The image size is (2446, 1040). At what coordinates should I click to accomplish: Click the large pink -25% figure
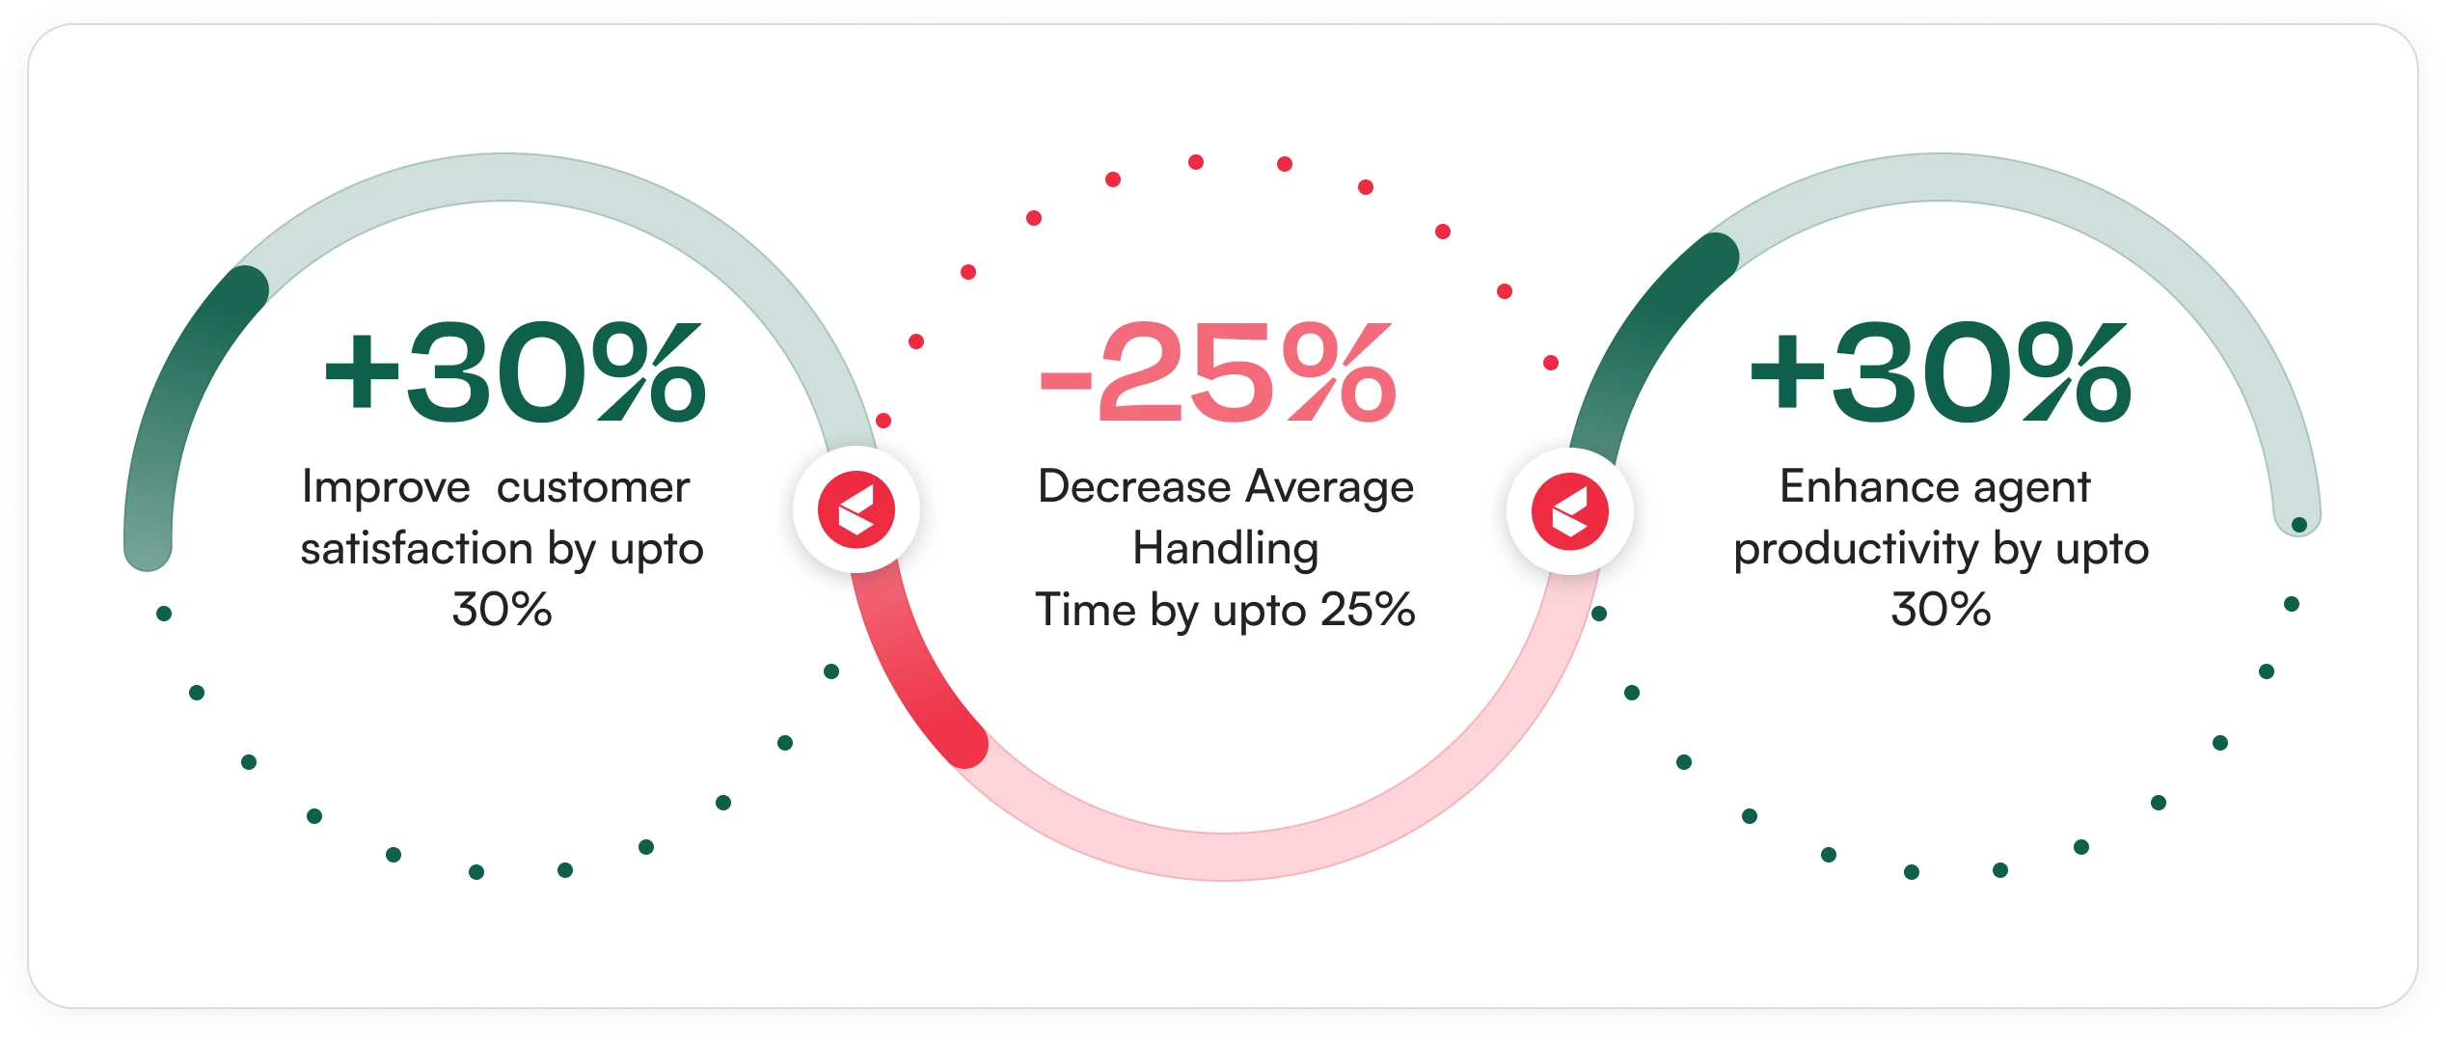[1217, 373]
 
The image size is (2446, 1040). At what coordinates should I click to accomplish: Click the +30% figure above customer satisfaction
[515, 373]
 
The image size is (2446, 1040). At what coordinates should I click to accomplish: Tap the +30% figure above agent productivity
[1940, 373]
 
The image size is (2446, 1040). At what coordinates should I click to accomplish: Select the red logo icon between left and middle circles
[856, 509]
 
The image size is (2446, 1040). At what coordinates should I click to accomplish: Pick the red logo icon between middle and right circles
[1570, 511]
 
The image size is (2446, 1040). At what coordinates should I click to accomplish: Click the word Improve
[386, 487]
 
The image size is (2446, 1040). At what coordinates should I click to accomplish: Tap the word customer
[593, 487]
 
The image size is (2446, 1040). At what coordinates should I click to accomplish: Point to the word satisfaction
[417, 548]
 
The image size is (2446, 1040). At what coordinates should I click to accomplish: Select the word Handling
[1226, 550]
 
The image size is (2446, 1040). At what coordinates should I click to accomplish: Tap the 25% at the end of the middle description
[1368, 610]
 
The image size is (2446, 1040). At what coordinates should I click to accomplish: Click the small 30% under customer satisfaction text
[502, 610]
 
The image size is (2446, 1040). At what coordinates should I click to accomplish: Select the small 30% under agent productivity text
[1941, 610]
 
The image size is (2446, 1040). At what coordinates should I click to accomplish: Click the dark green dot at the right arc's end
[2299, 525]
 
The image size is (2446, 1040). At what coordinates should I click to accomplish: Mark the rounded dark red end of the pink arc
[965, 744]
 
